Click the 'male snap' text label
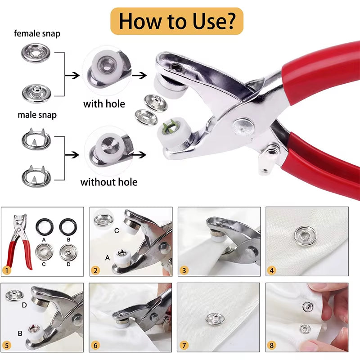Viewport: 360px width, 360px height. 37,115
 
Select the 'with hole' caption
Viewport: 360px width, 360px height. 104,104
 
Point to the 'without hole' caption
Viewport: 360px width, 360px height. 109,182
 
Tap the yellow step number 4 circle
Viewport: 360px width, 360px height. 271,270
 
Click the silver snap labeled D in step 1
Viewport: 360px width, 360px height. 68,251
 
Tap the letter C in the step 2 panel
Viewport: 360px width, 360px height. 117,231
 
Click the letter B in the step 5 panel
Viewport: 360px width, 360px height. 20,333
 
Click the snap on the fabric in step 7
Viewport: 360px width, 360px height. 213,319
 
